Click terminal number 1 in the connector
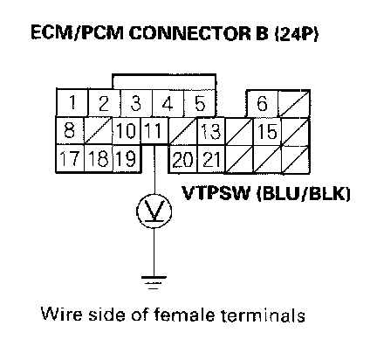(72, 102)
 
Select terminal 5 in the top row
(200, 103)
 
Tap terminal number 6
(262, 103)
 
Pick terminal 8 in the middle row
(70, 130)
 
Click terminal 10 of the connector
(127, 130)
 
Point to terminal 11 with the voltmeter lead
(154, 130)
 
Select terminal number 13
(211, 130)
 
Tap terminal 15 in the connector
(267, 131)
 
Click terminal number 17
(70, 158)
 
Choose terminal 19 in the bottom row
(127, 158)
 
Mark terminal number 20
(182, 159)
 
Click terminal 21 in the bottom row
(211, 159)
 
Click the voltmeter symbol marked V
(154, 211)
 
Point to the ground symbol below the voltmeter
(154, 282)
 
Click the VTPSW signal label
(216, 193)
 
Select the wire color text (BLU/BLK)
(303, 193)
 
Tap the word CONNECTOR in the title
(190, 33)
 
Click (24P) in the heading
(296, 33)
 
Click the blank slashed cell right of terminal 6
(294, 104)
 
